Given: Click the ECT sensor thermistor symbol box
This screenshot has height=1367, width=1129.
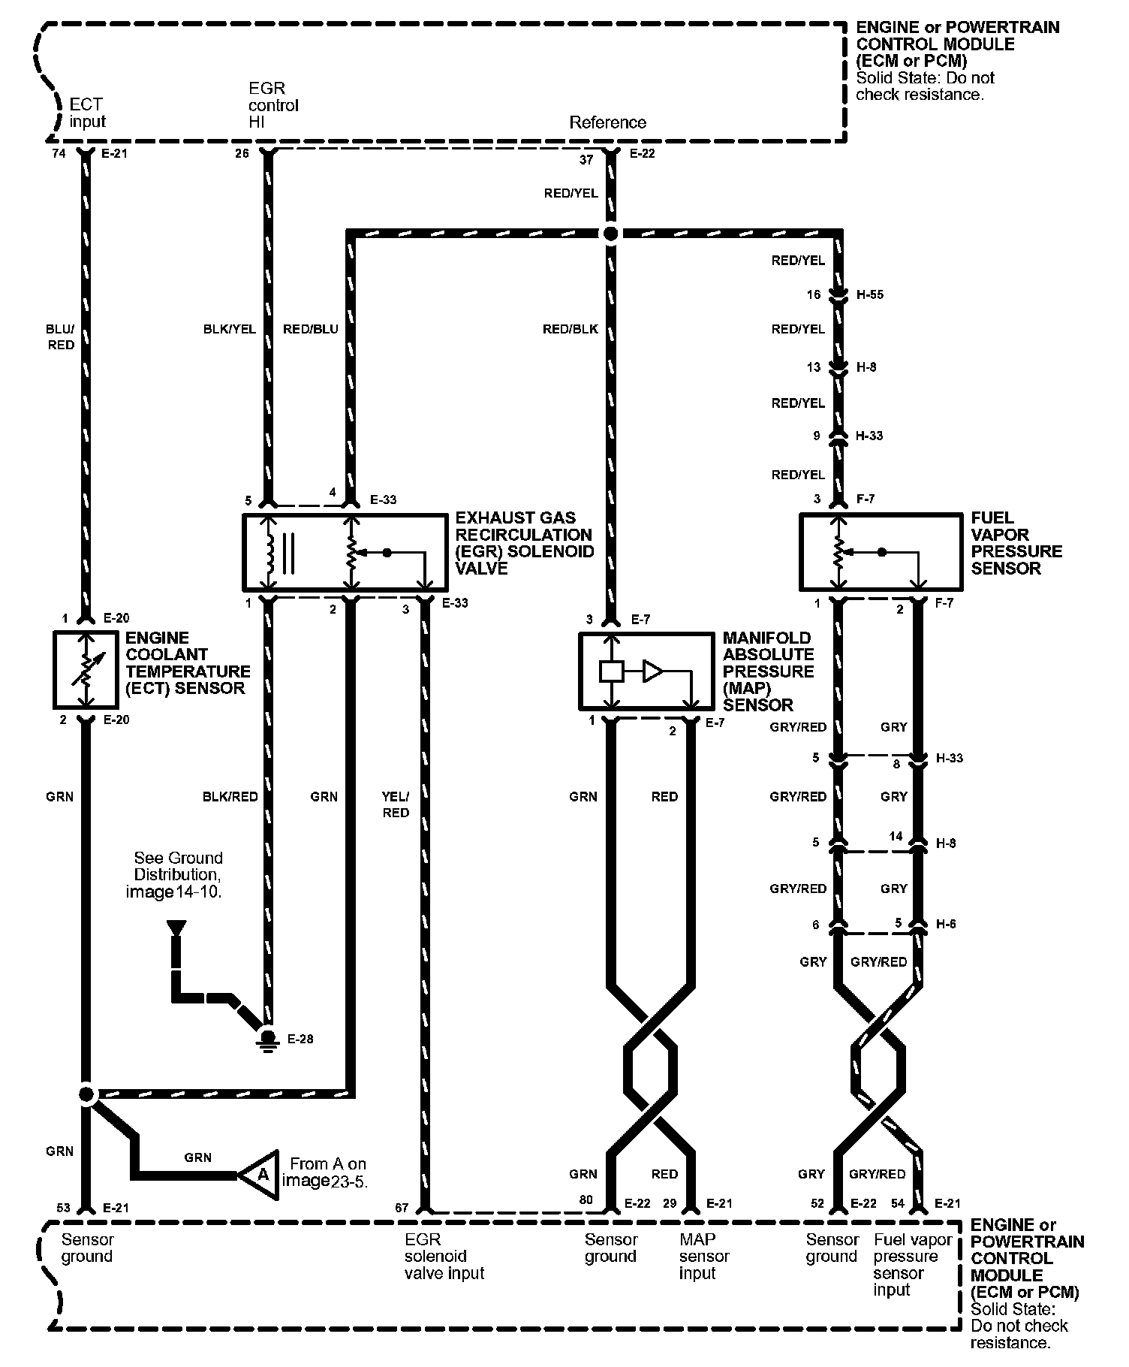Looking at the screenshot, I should pyautogui.click(x=86, y=670).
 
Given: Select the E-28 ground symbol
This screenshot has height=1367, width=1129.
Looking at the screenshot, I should pyautogui.click(x=266, y=1039).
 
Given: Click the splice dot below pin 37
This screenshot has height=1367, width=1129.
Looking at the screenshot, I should pyautogui.click(x=610, y=234).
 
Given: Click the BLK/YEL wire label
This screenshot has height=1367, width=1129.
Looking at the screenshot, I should pyautogui.click(x=230, y=329).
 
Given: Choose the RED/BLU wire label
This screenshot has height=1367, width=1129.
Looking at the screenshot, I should pyautogui.click(x=311, y=329).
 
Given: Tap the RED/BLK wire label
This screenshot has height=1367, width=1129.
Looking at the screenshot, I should pyautogui.click(x=571, y=329).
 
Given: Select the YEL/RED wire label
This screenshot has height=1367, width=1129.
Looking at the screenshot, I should pyautogui.click(x=396, y=804).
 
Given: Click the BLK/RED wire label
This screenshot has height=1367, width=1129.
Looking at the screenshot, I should pyautogui.click(x=230, y=796).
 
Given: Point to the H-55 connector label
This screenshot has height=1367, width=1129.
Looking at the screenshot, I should pyautogui.click(x=870, y=295).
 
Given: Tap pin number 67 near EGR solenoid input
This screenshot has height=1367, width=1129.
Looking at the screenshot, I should pyautogui.click(x=402, y=1209).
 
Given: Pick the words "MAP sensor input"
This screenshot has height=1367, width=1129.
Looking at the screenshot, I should pyautogui.click(x=704, y=1256).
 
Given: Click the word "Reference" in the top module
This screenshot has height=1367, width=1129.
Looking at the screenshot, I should pyautogui.click(x=607, y=122).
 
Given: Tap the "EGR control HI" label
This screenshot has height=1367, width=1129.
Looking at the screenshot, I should pyautogui.click(x=273, y=105).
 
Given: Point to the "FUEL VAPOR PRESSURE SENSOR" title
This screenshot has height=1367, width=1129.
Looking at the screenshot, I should pyautogui.click(x=1016, y=543).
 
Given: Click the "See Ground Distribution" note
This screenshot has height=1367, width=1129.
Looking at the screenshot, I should pyautogui.click(x=178, y=874).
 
